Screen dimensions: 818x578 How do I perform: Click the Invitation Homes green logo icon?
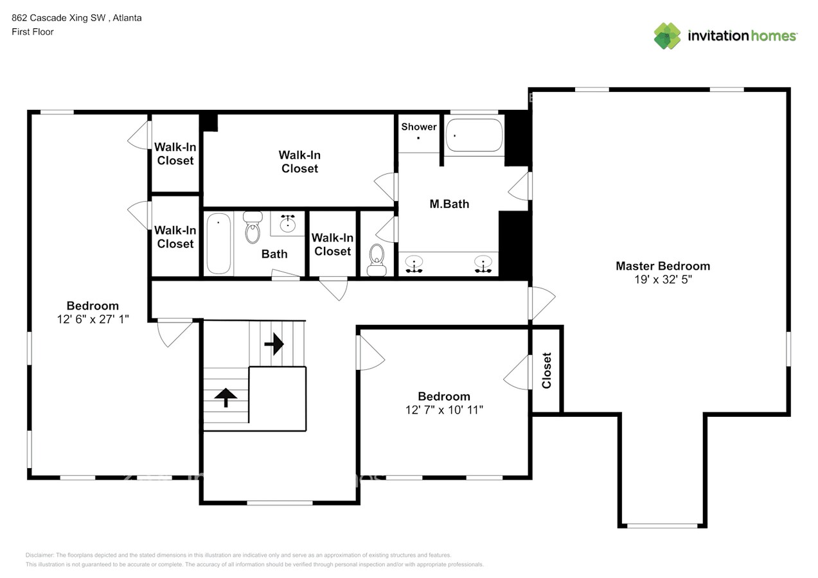click(x=667, y=36)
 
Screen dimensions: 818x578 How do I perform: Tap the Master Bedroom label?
click(x=662, y=266)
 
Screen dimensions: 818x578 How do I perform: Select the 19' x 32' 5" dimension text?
click(x=662, y=279)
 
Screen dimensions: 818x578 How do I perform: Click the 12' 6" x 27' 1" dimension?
click(x=93, y=319)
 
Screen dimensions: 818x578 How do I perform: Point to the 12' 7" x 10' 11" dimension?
click(x=444, y=410)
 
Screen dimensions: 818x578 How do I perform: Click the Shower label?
click(x=419, y=127)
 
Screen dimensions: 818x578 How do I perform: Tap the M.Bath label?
click(x=449, y=204)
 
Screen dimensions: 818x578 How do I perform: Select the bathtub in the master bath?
click(x=474, y=135)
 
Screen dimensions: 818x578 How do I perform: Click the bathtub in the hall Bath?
click(x=218, y=243)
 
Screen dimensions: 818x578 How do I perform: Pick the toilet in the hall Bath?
click(x=253, y=227)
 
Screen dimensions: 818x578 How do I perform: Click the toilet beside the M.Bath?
click(x=377, y=260)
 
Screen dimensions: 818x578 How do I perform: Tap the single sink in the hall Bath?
click(x=288, y=223)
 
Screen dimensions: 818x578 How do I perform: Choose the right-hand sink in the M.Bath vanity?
click(x=483, y=264)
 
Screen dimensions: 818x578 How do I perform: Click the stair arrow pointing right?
click(x=274, y=344)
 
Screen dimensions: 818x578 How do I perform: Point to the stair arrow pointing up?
click(x=226, y=398)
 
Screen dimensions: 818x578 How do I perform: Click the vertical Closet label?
click(x=546, y=371)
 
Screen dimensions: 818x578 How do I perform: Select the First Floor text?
click(x=33, y=31)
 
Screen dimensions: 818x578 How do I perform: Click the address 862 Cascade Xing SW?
click(x=58, y=18)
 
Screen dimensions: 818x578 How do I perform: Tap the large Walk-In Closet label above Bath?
click(x=299, y=162)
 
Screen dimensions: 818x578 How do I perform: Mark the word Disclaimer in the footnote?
click(x=39, y=555)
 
